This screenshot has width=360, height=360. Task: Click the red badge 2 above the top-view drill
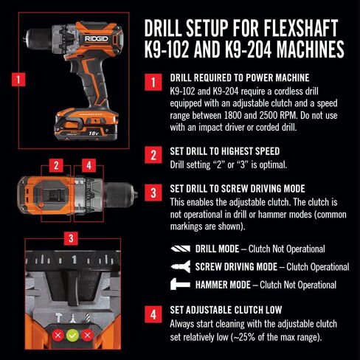tap(55, 165)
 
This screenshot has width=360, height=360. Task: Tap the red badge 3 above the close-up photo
tap(69, 238)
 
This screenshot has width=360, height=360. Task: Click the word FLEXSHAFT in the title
tap(290, 28)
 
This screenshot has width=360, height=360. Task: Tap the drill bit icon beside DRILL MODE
tap(180, 249)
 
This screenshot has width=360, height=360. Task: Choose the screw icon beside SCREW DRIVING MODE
tap(180, 266)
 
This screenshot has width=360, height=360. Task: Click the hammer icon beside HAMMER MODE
tap(180, 284)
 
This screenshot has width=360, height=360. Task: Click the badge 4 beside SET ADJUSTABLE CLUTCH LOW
tap(152, 314)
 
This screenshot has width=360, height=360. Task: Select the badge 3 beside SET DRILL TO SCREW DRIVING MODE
tap(152, 193)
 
